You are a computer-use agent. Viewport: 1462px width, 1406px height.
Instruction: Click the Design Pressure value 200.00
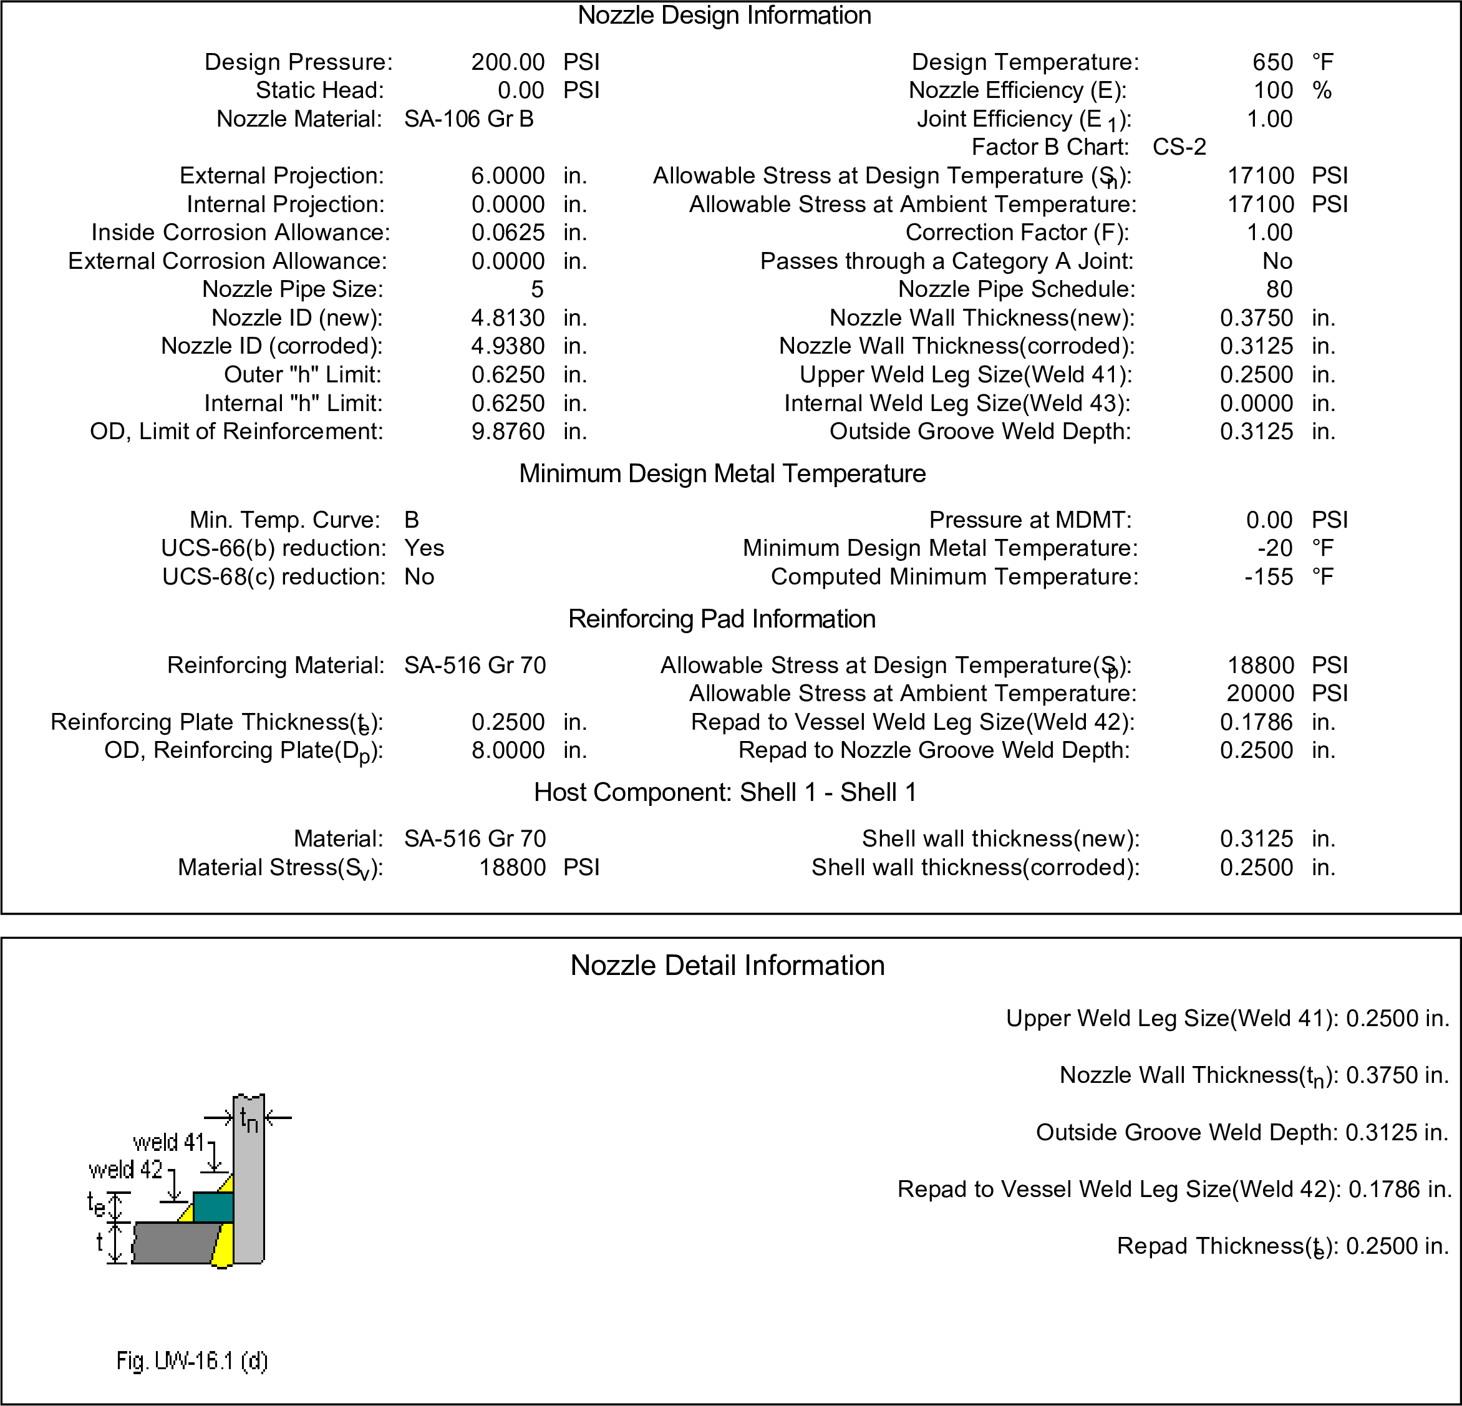507,62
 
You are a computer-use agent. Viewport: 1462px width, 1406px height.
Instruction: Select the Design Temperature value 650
1272,62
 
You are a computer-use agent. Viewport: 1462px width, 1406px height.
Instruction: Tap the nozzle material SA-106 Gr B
468,119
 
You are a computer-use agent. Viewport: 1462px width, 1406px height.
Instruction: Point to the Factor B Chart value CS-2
1179,147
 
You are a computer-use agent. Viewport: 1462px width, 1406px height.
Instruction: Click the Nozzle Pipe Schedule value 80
1279,289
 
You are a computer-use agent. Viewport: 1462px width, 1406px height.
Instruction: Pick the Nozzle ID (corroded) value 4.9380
507,346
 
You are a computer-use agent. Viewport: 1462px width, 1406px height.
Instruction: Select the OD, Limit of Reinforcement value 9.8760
507,431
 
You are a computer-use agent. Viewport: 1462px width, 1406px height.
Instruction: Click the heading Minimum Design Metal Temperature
722,473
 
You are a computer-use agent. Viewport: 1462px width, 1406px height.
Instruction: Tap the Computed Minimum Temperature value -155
1268,576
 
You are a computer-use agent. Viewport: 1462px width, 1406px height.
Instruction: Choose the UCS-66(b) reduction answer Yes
424,548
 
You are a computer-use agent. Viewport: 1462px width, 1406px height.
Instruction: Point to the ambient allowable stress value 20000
1260,694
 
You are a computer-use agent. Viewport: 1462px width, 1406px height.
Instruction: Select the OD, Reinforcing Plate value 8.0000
507,750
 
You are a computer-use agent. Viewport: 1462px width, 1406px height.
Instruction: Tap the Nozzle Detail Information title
727,965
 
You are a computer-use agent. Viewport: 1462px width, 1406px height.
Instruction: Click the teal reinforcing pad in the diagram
213,1207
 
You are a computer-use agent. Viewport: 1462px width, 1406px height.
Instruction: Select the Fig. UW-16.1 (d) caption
191,1361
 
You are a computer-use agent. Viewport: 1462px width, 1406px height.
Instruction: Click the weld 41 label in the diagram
168,1142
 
